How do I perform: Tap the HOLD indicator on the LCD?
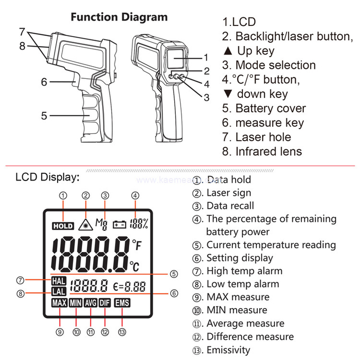click(62, 226)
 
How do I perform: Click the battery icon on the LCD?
click(119, 224)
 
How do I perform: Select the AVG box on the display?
click(90, 304)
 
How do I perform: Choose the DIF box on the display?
click(105, 304)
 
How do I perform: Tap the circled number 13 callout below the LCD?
click(123, 332)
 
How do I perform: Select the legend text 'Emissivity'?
click(228, 349)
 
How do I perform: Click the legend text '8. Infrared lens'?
click(262, 151)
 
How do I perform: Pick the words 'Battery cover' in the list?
click(278, 109)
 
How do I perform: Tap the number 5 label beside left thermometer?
click(44, 115)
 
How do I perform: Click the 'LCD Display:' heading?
click(47, 176)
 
